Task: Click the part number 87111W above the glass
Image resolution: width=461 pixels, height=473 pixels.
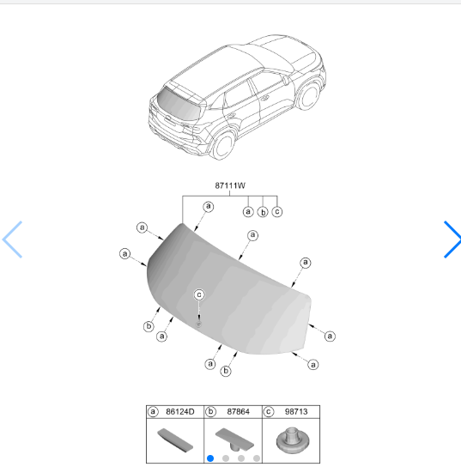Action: click(230, 185)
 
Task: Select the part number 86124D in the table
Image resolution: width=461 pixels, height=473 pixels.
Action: click(180, 412)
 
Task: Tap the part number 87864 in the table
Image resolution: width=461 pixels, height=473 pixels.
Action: click(238, 412)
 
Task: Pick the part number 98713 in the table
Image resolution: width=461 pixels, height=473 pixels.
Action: click(296, 412)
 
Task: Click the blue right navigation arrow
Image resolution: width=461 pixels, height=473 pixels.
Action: click(452, 240)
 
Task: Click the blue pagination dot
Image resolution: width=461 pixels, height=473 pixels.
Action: click(210, 458)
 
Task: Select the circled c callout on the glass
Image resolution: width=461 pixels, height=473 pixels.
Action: click(199, 294)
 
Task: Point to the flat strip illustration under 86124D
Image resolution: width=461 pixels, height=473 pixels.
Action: click(175, 440)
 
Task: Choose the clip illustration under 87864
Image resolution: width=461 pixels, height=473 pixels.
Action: click(234, 440)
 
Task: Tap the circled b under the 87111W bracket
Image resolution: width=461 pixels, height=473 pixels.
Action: click(263, 212)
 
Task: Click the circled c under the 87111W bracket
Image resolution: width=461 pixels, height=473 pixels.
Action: click(277, 211)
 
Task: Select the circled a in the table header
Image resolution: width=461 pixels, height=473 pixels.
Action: click(153, 412)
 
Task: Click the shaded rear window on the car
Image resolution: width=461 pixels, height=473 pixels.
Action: click(179, 105)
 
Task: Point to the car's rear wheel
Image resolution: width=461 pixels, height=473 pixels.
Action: click(224, 146)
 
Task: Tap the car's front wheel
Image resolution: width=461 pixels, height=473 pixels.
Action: click(309, 96)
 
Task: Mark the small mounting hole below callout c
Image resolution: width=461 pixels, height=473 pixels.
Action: click(198, 324)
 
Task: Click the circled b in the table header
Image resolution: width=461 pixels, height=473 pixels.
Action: click(210, 412)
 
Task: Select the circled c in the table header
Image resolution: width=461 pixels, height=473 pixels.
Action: click(269, 412)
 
